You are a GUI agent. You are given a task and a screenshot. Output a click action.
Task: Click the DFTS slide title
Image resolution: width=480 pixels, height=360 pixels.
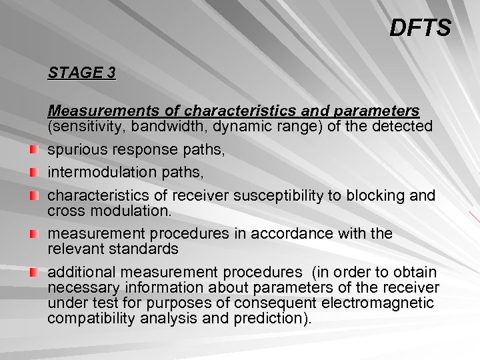click(x=420, y=28)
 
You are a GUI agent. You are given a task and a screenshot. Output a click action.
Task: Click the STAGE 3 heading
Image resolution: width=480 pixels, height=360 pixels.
click(x=81, y=73)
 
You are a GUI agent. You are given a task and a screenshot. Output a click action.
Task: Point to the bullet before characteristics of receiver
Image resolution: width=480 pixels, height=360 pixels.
click(x=34, y=197)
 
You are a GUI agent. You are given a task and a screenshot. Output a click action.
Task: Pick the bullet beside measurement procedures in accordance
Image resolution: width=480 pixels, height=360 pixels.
click(x=34, y=235)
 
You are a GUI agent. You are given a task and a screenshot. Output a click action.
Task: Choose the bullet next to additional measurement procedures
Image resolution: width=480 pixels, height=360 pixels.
click(x=34, y=273)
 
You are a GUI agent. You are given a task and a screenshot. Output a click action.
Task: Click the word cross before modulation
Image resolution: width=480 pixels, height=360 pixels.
click(x=65, y=211)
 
